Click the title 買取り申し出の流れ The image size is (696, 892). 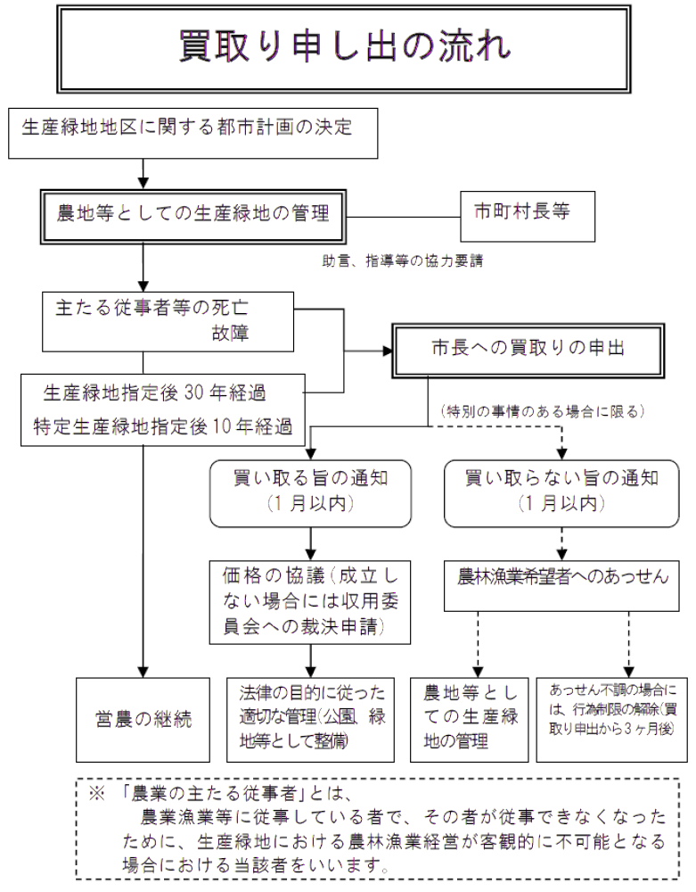(x=345, y=45)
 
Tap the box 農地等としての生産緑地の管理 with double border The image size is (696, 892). (x=193, y=214)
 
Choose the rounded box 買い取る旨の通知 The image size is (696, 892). (x=310, y=491)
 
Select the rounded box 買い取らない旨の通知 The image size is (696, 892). (x=561, y=491)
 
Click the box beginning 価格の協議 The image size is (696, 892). (x=310, y=602)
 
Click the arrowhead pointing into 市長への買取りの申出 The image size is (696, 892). (x=389, y=350)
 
